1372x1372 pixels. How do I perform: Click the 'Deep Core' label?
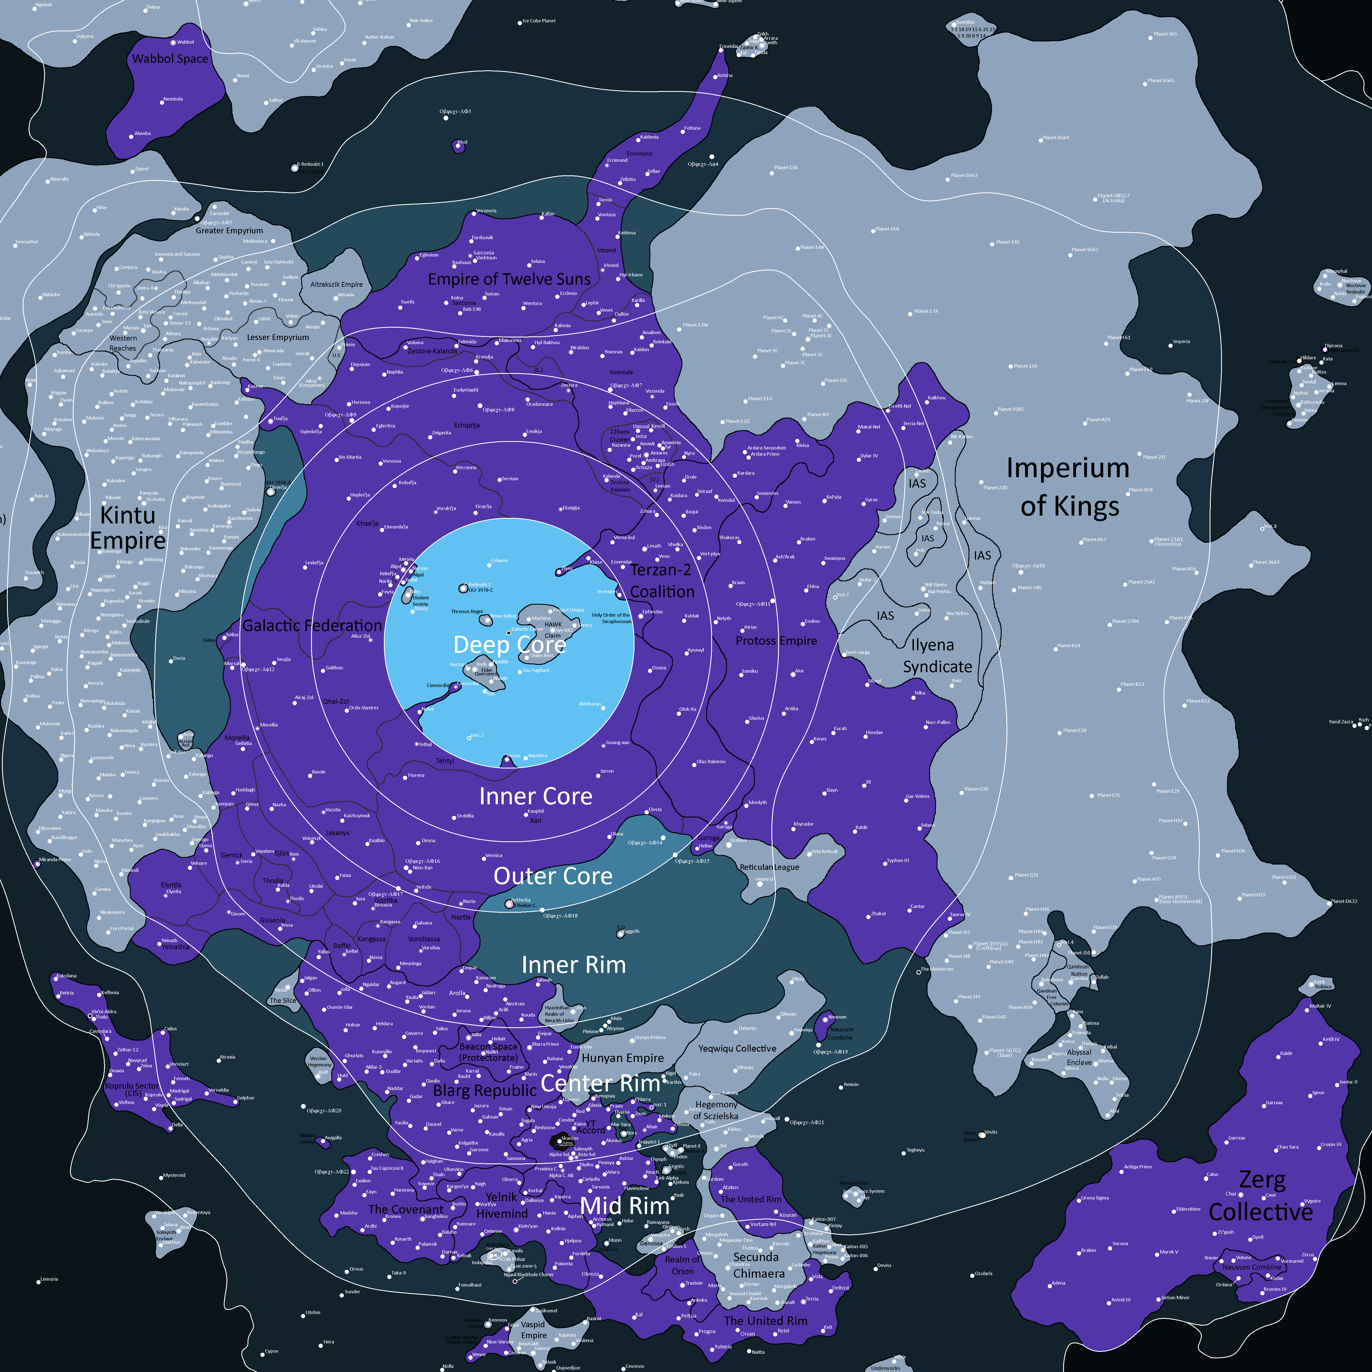509,645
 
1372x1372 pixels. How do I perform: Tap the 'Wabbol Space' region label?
171,59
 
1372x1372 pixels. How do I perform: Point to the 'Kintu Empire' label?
128,528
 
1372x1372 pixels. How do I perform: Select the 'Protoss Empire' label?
776,640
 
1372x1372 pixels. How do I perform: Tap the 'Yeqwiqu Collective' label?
737,1048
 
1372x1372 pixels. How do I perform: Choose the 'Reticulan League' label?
769,867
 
